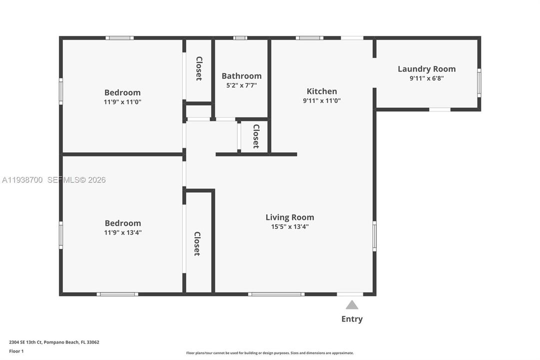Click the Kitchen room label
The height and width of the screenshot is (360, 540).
point(322,91)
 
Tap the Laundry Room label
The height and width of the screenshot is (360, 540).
point(427,69)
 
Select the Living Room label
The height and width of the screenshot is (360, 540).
point(290,217)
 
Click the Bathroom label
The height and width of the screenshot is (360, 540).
point(241,76)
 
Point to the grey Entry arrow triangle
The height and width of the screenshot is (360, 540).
point(352,305)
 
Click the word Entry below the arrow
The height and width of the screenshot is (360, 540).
point(352,319)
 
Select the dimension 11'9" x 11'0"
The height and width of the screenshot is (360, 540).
point(122,101)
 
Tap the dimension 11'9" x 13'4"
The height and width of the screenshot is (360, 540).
point(122,232)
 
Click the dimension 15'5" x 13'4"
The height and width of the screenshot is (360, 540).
point(290,226)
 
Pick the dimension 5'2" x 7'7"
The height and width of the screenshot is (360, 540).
point(241,85)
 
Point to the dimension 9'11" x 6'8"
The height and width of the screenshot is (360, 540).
point(427,78)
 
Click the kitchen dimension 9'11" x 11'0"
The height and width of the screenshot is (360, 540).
point(322,100)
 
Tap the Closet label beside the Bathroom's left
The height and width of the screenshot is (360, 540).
point(199,68)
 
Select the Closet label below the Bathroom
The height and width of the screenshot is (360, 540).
point(256,136)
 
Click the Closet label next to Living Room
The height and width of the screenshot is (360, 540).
point(197,243)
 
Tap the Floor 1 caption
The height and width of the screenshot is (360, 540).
point(16,351)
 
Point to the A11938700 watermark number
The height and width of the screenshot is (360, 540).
point(23,180)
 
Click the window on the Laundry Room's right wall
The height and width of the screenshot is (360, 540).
point(479,83)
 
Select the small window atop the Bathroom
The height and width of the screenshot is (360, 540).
point(240,38)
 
